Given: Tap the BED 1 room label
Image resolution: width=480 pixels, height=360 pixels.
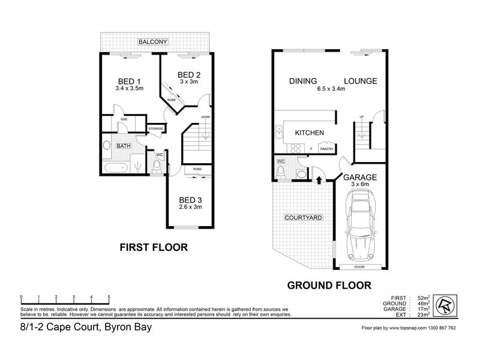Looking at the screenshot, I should pyautogui.click(x=129, y=82).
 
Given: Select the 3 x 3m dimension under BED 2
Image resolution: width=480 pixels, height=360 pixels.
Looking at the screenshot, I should pyautogui.click(x=188, y=82).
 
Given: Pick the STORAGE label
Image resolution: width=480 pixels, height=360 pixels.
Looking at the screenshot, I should pyautogui.click(x=157, y=128).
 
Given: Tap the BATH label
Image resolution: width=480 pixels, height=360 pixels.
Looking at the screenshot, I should pyautogui.click(x=124, y=146).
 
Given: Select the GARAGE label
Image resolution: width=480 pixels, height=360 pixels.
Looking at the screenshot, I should pyautogui.click(x=359, y=178).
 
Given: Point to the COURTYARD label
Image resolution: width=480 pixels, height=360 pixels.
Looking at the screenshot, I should pyautogui.click(x=301, y=218).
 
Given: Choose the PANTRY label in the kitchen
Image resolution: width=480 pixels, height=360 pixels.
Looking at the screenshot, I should pyautogui.click(x=326, y=149).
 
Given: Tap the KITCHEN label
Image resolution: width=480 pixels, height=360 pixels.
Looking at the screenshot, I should pyautogui.click(x=309, y=133).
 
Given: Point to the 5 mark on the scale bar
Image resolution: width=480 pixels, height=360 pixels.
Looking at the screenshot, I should pyautogui.click(x=109, y=298).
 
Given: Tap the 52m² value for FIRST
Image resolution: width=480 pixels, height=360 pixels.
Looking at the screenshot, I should pyautogui.click(x=421, y=298).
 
